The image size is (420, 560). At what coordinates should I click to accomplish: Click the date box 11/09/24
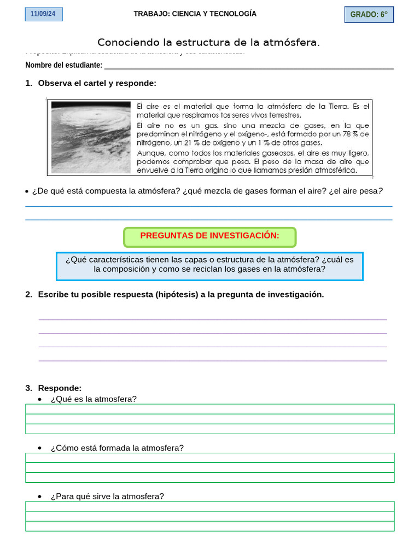[44, 14]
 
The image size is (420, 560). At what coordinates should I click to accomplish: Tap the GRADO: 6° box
[369, 15]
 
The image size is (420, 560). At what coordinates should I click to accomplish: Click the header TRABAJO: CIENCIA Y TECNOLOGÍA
[195, 14]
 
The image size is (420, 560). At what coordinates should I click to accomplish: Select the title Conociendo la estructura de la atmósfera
[208, 43]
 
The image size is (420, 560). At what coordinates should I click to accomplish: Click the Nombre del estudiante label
[63, 65]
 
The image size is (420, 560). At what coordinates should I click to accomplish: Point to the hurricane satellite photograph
[91, 137]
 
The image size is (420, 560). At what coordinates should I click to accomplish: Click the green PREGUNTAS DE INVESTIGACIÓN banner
[209, 236]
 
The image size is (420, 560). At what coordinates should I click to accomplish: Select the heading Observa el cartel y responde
[97, 83]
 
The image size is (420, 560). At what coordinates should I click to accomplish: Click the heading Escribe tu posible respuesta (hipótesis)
[180, 294]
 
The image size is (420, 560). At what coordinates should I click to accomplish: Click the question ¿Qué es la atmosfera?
[94, 399]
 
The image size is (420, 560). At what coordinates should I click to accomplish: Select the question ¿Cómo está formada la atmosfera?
[117, 448]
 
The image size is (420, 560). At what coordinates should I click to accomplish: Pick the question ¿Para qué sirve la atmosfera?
[107, 497]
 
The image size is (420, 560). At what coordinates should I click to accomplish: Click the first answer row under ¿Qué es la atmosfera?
[209, 409]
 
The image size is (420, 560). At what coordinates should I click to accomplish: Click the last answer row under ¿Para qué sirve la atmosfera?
[209, 526]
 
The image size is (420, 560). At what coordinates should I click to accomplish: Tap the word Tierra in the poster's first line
[337, 106]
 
